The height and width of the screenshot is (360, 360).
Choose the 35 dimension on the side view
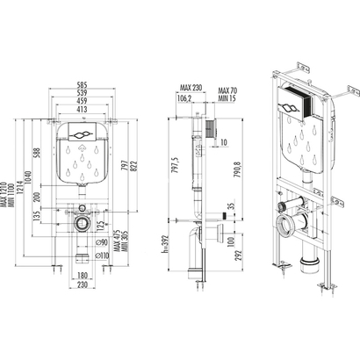coord(230,207)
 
